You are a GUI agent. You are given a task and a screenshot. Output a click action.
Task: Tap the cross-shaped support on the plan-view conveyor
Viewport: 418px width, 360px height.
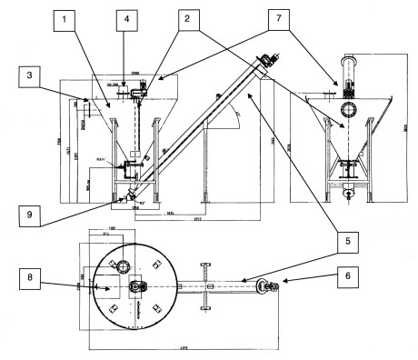point(208,286)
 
